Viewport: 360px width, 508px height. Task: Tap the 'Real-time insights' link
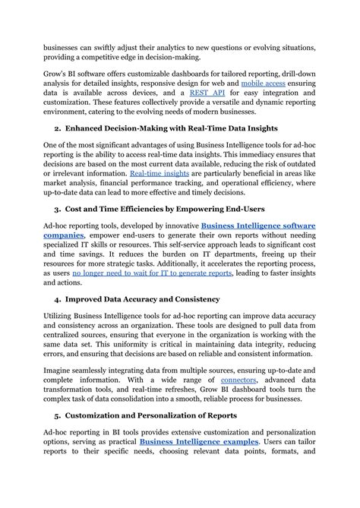pos(160,174)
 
